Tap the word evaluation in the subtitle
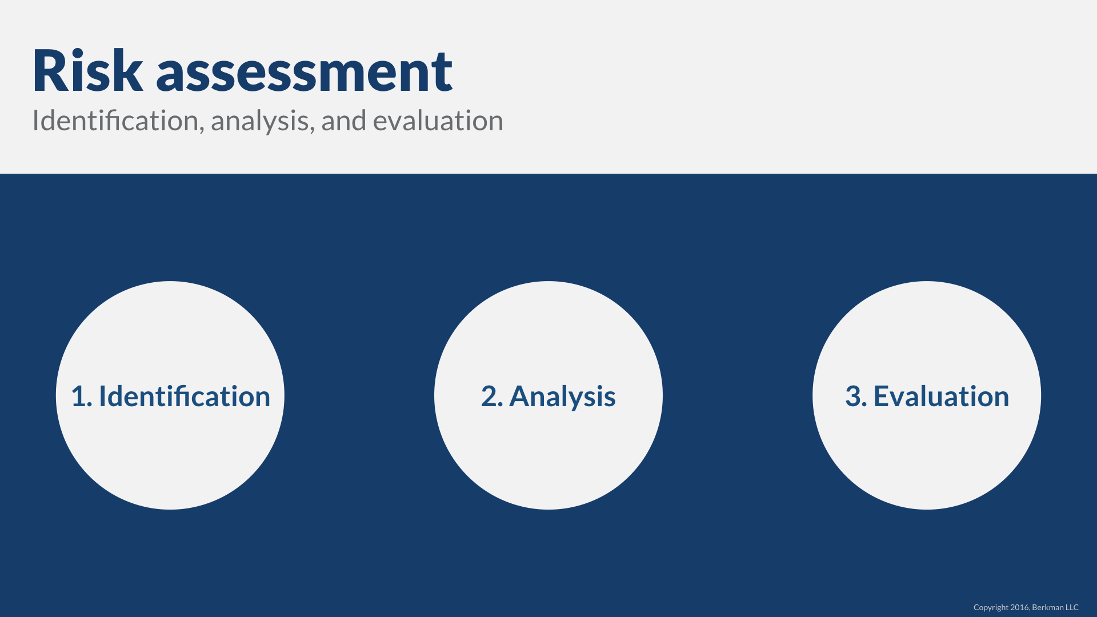tap(438, 121)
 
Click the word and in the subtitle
tap(343, 121)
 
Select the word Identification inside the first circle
tap(185, 396)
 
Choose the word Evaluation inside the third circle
tap(942, 396)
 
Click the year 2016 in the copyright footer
tap(1020, 607)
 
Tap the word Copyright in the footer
tap(991, 608)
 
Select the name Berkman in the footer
tap(1048, 607)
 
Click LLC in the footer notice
tap(1072, 607)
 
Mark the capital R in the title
tap(50, 71)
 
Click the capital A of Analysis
tap(521, 396)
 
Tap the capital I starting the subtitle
tap(35, 121)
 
